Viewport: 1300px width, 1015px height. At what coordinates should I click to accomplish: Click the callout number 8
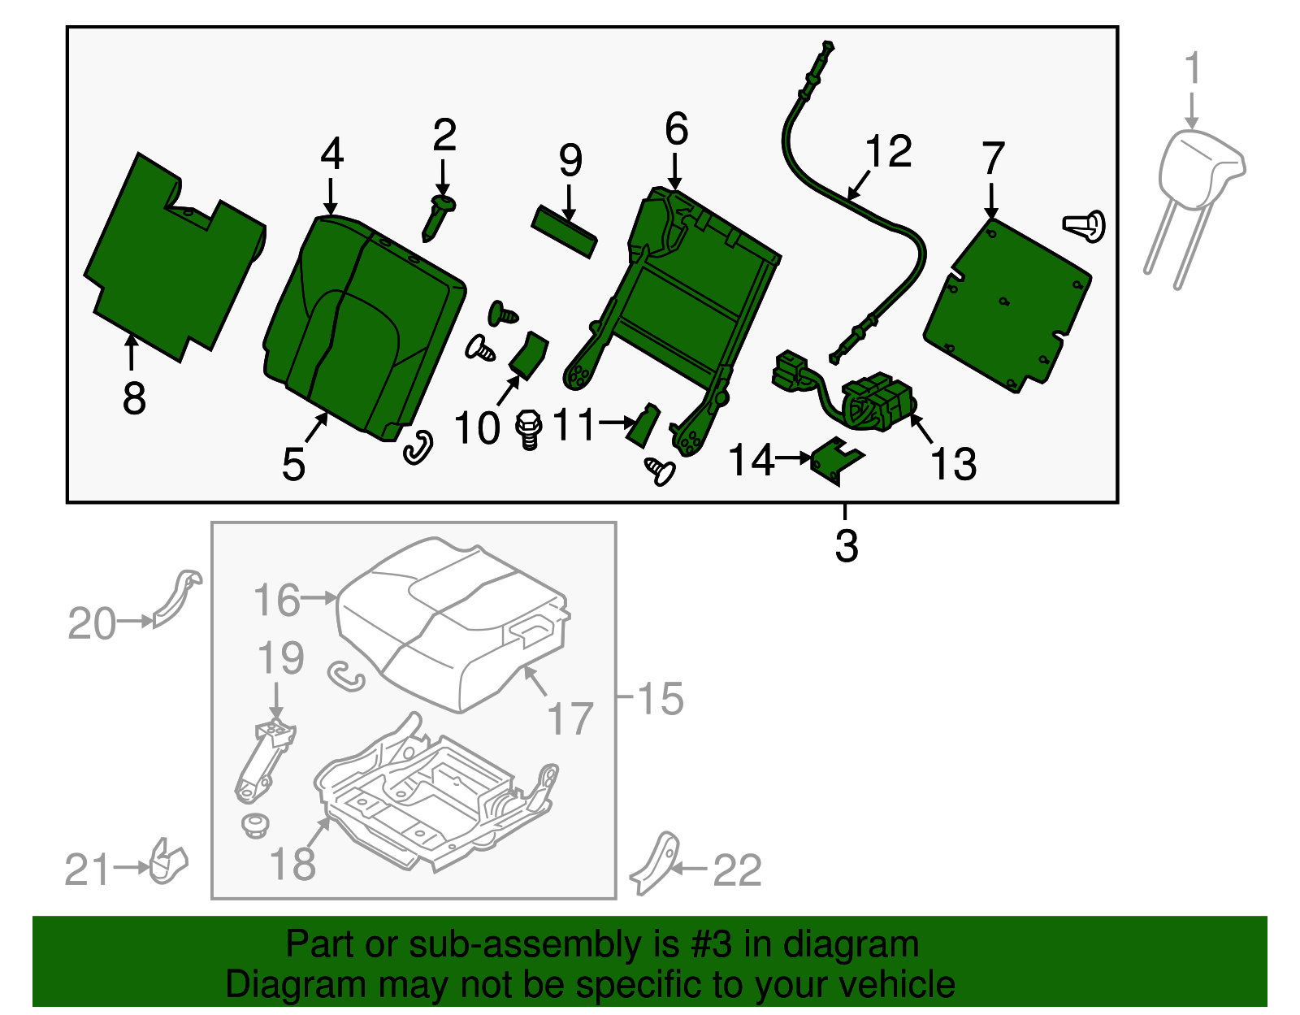134,398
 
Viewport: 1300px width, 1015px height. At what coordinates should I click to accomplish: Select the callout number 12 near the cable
888,152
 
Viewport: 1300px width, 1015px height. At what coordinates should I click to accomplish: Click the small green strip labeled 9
564,230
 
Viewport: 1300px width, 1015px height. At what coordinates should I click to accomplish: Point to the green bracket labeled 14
838,461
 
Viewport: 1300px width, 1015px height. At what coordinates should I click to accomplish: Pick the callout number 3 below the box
846,546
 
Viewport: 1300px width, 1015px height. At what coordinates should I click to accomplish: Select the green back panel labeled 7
1007,305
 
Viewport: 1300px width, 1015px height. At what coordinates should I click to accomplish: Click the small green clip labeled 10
529,356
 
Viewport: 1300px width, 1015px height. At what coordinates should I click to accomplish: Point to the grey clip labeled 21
168,864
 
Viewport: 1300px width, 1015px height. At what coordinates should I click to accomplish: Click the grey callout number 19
280,658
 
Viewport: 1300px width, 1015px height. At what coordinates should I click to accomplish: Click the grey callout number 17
570,719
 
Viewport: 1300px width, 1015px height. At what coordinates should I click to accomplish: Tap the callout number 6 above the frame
676,130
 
